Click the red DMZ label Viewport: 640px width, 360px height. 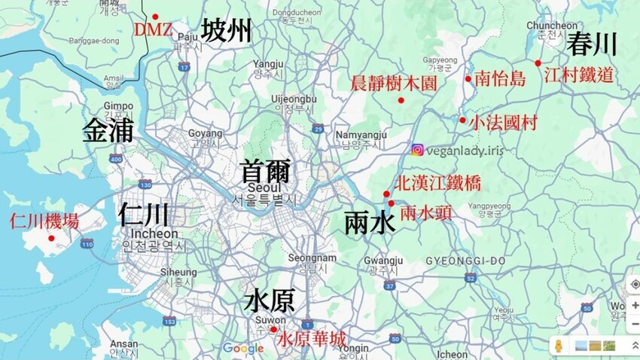154,31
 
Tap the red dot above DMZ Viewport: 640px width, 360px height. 155,17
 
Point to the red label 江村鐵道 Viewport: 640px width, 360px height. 578,75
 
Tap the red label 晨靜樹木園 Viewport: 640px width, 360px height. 394,83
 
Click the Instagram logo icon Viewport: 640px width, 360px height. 417,150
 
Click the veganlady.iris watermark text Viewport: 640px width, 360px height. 465,150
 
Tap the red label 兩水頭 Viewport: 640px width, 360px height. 426,213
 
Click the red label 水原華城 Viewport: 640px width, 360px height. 312,340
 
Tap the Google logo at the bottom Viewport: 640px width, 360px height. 242,348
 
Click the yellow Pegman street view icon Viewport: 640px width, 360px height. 559,346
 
